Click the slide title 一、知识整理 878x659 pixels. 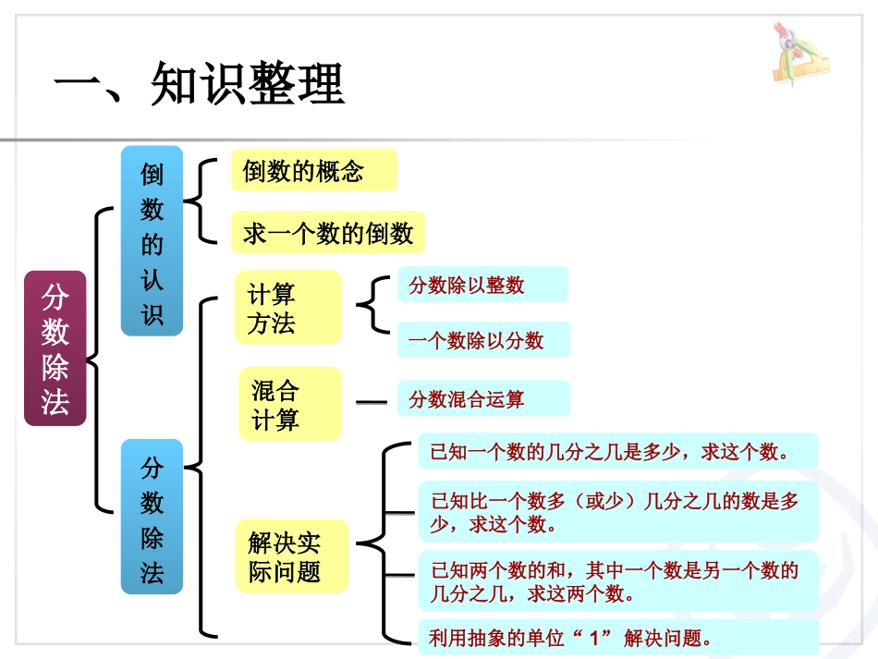(199, 86)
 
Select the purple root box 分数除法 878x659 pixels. (55, 348)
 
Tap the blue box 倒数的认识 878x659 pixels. (152, 240)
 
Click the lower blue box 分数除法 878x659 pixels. (152, 517)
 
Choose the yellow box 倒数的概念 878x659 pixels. (312, 171)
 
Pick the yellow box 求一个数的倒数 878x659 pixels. (327, 232)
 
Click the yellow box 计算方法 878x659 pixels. (288, 309)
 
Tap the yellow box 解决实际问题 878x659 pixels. (292, 555)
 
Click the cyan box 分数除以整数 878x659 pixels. (482, 285)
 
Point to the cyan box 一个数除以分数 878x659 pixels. (483, 340)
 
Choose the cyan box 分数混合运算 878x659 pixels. (483, 398)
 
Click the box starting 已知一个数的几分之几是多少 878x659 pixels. (617, 452)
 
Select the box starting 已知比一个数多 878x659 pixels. (617, 511)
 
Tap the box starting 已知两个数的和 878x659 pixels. (617, 580)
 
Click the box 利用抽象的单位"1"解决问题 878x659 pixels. (617, 638)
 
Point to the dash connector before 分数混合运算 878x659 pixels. (372, 402)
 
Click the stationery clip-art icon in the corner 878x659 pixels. (798, 55)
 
